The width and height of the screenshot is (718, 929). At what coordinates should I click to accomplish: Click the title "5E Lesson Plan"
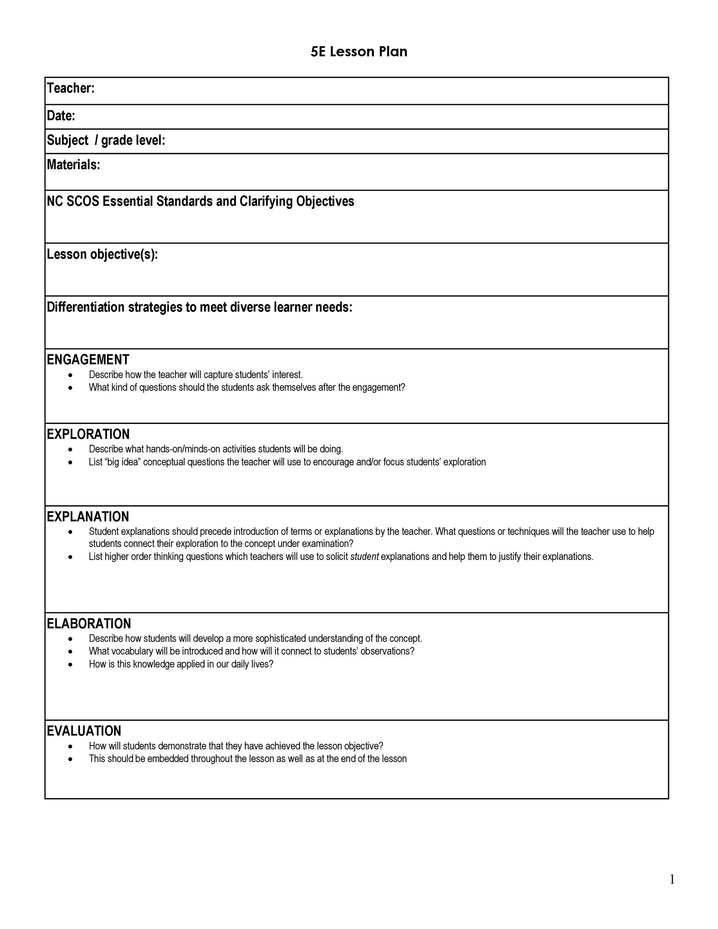pyautogui.click(x=359, y=52)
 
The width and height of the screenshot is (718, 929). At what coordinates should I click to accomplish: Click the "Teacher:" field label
pyautogui.click(x=71, y=88)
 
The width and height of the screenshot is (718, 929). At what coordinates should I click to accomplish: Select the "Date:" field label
pyautogui.click(x=61, y=115)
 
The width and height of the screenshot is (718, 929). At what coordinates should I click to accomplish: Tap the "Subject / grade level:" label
pyautogui.click(x=106, y=140)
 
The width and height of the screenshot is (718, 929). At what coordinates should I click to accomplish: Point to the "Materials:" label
pyautogui.click(x=73, y=165)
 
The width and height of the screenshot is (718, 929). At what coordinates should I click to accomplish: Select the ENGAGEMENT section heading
pyautogui.click(x=88, y=359)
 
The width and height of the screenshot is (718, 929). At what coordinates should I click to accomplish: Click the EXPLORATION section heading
pyautogui.click(x=88, y=434)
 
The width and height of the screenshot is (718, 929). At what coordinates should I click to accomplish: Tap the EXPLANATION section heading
pyautogui.click(x=88, y=517)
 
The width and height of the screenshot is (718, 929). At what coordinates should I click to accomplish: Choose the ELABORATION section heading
pyautogui.click(x=88, y=623)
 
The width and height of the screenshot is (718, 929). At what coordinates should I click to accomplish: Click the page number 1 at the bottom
pyautogui.click(x=672, y=879)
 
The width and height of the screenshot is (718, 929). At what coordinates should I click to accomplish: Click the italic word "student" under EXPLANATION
pyautogui.click(x=364, y=556)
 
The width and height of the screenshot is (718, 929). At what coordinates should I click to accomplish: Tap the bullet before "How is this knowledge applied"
pyautogui.click(x=70, y=664)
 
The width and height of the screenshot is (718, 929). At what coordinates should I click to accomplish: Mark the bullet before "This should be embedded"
pyautogui.click(x=70, y=758)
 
